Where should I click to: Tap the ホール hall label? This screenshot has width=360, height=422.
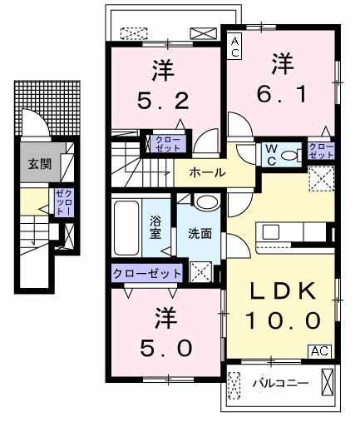206,172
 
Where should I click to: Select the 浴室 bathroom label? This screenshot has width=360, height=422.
155,227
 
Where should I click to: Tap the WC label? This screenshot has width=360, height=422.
271,153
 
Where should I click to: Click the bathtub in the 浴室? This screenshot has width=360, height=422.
128,229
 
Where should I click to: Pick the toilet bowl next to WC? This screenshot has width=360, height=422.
291,155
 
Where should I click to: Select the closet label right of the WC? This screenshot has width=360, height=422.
320,151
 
